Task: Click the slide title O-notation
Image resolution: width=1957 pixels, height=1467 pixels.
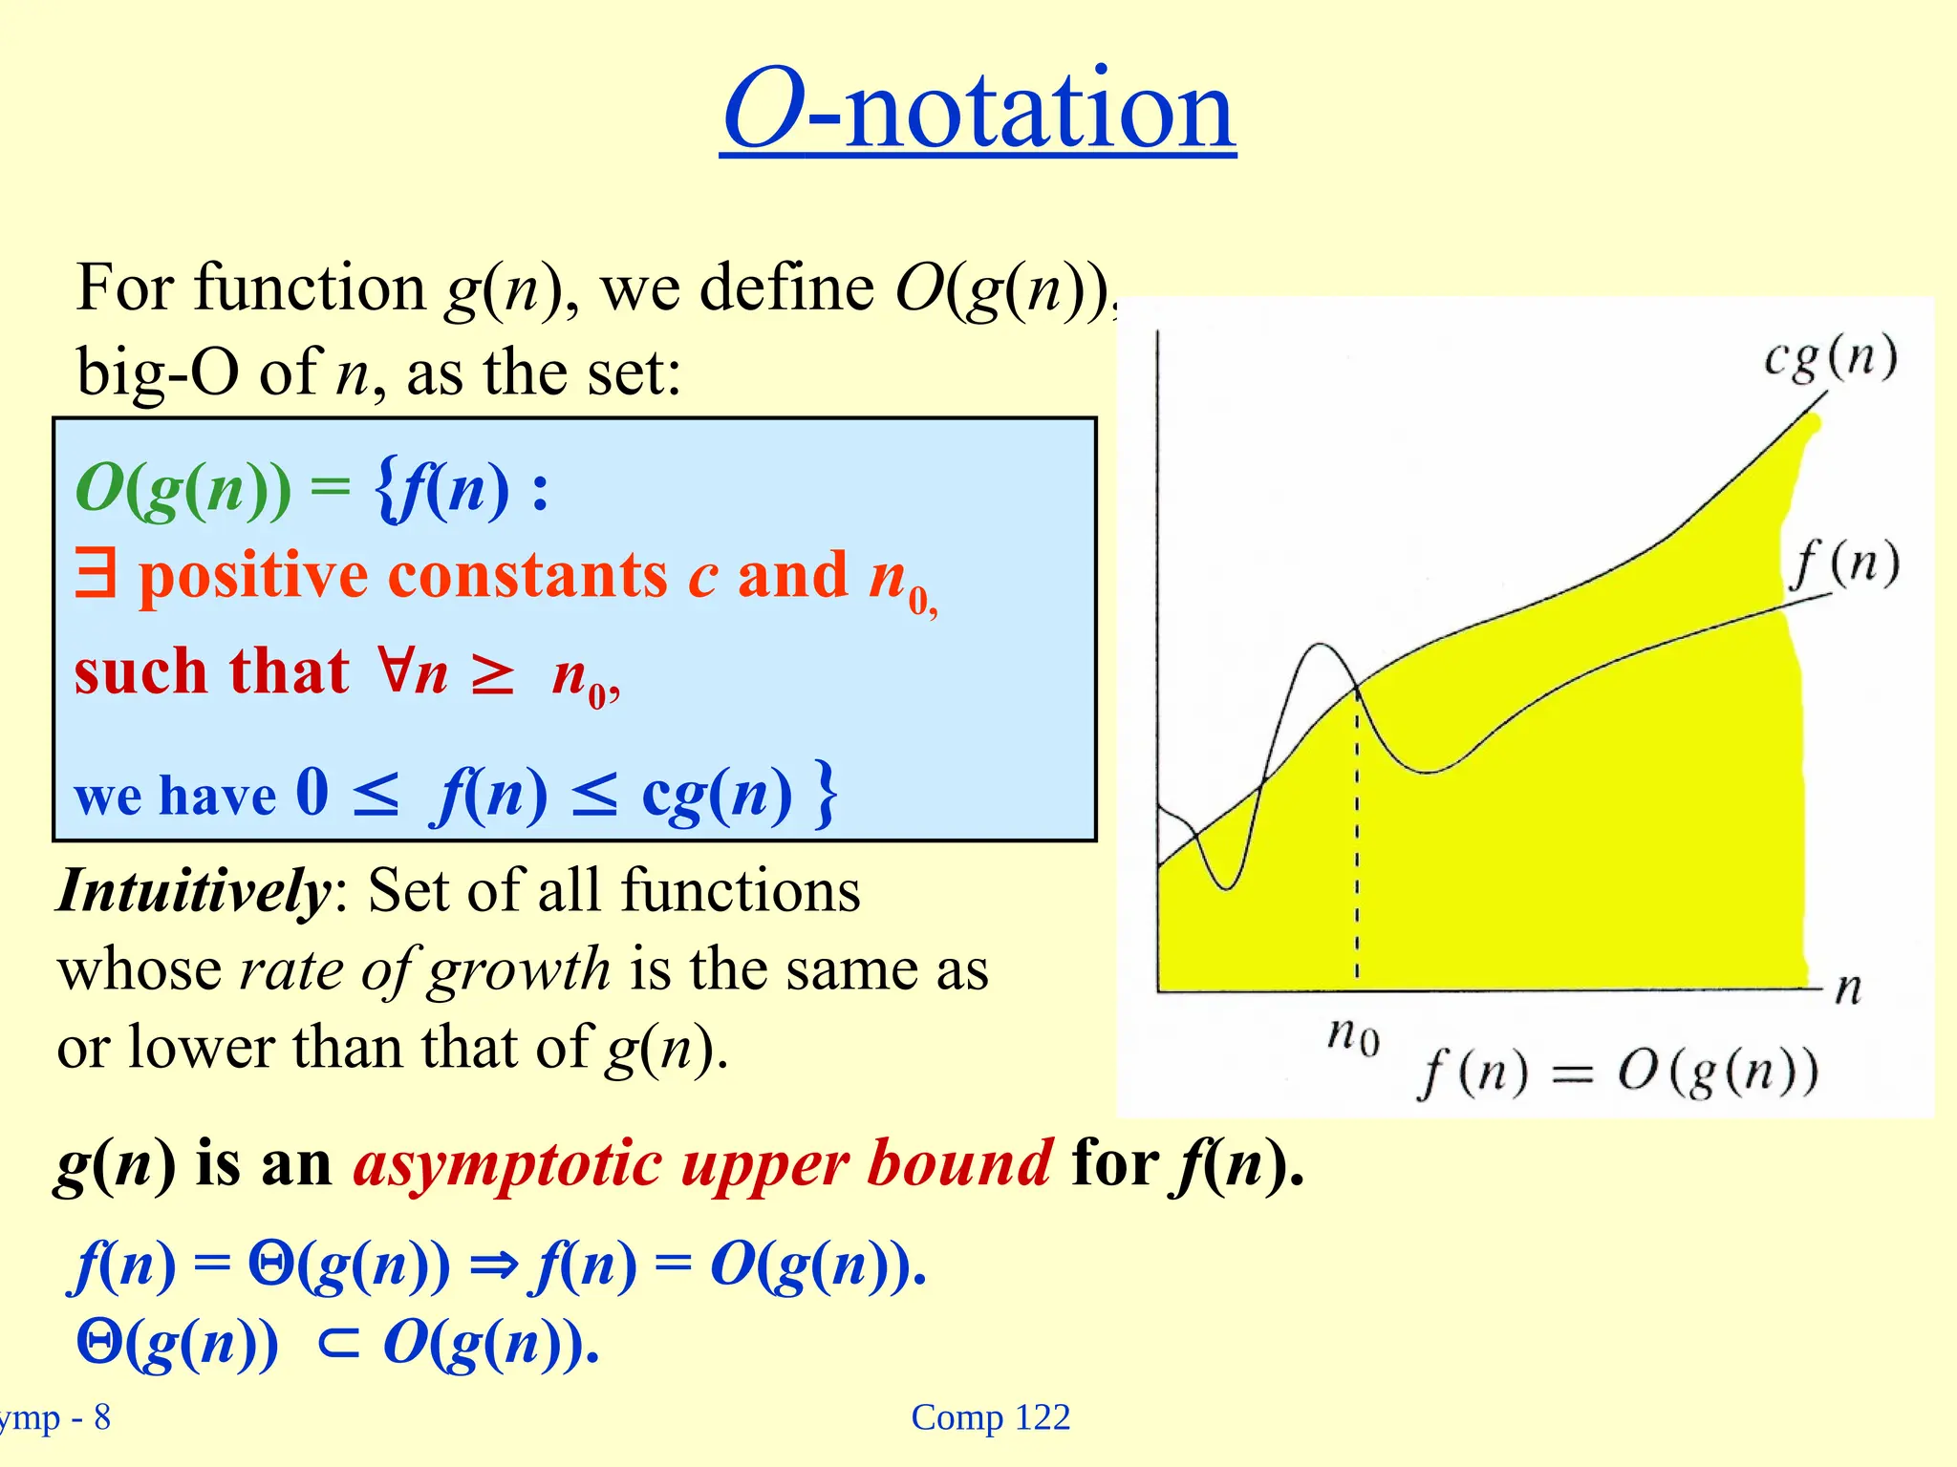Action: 978,110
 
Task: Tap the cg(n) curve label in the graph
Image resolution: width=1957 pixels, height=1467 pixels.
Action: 1830,359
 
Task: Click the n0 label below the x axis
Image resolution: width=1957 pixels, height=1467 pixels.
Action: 1354,1035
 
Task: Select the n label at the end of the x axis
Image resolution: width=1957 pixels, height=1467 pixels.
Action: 1848,988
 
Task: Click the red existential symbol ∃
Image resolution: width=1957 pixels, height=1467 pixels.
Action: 96,575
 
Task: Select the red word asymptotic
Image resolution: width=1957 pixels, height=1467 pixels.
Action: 507,1164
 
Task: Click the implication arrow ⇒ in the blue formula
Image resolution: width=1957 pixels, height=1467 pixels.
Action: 494,1266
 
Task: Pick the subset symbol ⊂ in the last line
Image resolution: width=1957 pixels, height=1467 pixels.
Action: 338,1344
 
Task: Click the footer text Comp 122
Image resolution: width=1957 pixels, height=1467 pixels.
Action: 990,1417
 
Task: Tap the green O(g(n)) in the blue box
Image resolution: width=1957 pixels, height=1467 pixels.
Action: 183,489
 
